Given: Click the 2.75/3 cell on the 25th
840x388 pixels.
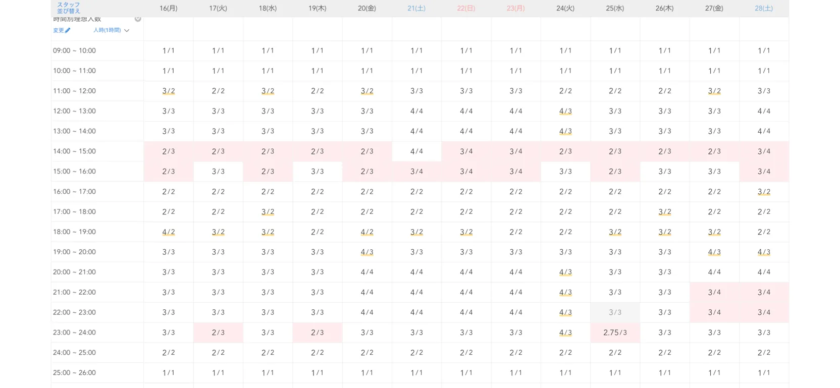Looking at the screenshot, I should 615,332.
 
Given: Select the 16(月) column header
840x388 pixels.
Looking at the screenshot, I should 168,9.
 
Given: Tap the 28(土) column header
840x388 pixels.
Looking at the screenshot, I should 763,9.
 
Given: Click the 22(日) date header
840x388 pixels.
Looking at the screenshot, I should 466,9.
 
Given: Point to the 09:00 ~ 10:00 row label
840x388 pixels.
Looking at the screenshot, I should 74,50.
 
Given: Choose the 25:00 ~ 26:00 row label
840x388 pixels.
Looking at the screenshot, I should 74,373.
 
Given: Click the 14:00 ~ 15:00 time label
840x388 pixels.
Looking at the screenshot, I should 74,151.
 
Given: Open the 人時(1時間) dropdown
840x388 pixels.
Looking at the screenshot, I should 111,30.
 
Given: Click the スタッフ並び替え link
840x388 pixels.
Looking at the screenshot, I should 68,8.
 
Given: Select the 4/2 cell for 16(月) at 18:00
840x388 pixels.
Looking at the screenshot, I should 168,232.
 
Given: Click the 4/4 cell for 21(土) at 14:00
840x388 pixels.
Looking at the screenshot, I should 416,151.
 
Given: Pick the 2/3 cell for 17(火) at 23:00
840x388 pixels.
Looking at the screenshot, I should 218,332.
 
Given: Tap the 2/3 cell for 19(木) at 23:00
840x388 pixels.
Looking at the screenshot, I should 317,332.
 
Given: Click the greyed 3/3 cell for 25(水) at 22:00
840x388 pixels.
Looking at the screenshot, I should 615,312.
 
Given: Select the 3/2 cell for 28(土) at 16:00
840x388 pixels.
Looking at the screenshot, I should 763,192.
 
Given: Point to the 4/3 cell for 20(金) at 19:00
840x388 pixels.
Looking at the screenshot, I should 367,252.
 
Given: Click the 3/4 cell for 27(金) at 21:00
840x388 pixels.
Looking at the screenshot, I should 714,292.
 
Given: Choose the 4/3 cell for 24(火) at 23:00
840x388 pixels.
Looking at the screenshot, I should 565,332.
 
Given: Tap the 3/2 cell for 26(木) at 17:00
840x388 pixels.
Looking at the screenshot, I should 664,212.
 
